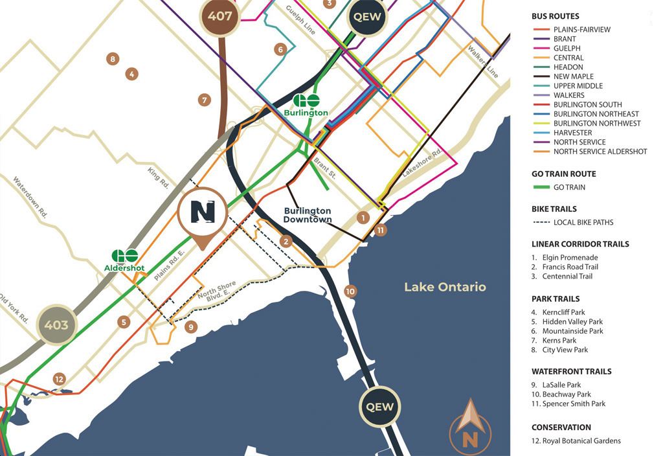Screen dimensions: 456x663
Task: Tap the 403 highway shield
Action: pos(56,325)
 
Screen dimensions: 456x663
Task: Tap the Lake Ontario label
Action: pos(445,287)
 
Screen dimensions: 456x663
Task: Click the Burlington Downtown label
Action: pos(307,215)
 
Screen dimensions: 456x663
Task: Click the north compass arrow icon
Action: pos(470,425)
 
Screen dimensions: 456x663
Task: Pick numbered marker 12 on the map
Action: pos(60,379)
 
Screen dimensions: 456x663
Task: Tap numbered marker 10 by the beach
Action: pos(350,291)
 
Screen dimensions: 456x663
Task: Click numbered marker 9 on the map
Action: pos(190,327)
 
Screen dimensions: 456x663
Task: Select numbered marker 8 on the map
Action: pos(113,59)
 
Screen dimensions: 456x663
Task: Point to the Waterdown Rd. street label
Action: pos(30,198)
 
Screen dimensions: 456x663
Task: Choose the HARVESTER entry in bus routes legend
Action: pos(572,133)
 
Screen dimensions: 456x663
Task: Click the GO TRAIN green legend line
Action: pos(541,188)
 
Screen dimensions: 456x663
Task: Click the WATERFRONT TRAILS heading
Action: pos(571,372)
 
